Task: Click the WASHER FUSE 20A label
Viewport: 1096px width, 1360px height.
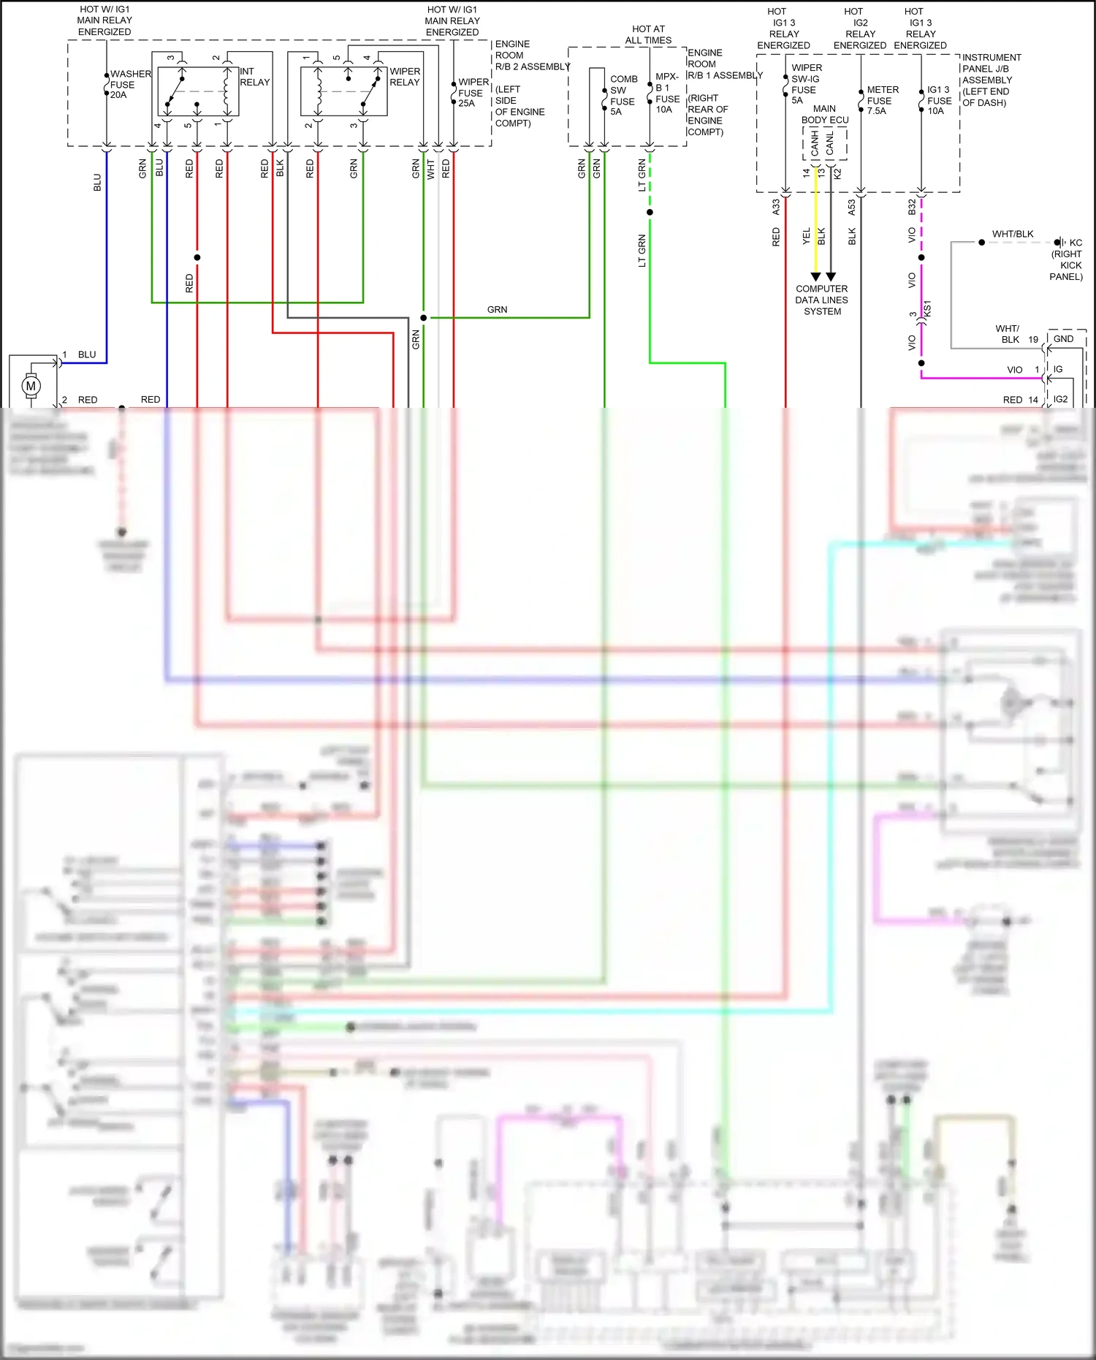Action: [x=129, y=84]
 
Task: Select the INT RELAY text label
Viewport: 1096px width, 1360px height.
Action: [x=254, y=77]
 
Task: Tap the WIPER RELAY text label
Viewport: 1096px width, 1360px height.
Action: [x=405, y=77]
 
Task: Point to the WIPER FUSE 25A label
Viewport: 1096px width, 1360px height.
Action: [x=473, y=93]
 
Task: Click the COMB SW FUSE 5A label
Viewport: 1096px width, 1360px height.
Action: [x=623, y=95]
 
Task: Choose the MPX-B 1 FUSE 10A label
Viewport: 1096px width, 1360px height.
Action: [x=667, y=93]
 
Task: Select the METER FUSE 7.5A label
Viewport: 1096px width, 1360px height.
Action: [x=882, y=100]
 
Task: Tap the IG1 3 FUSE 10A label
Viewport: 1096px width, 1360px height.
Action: [x=939, y=100]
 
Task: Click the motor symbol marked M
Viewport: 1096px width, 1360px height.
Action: [x=31, y=386]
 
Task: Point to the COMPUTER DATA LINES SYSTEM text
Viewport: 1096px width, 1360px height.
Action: [x=822, y=300]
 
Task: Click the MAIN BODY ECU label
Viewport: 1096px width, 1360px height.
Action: [x=825, y=114]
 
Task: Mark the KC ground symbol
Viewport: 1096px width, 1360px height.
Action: [x=1059, y=243]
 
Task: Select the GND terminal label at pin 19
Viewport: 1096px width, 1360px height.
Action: [x=1063, y=339]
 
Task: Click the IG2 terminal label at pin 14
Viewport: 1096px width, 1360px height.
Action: [x=1060, y=399]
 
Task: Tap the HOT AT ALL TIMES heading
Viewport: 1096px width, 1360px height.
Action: [x=648, y=34]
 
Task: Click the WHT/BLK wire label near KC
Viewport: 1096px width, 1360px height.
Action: [x=1012, y=234]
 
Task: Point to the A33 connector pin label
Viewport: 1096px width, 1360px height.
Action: [x=776, y=208]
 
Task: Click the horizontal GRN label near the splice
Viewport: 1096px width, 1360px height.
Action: [x=497, y=310]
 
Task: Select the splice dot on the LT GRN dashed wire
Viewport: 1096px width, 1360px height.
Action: [x=650, y=213]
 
